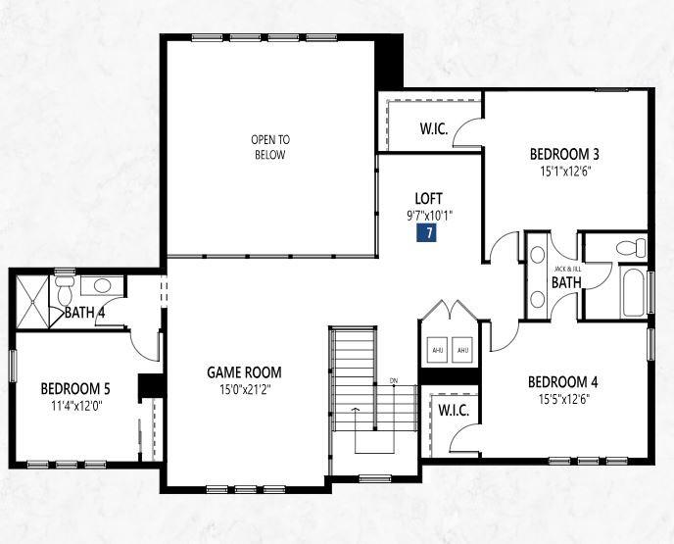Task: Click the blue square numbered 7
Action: tap(426, 232)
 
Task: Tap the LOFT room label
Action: tap(428, 198)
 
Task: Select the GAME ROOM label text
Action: tap(244, 372)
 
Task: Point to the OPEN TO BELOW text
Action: tap(270, 147)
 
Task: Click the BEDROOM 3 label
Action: tap(564, 154)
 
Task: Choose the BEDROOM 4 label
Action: tap(562, 382)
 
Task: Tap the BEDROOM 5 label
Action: tap(75, 389)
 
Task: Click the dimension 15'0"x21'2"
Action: tap(245, 389)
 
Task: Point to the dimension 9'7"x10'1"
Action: tap(430, 215)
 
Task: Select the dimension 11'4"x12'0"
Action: tap(77, 406)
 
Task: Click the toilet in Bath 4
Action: tap(65, 289)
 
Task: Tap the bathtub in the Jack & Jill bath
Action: tap(632, 292)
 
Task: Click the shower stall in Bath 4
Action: tap(32, 302)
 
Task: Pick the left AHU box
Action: tap(437, 350)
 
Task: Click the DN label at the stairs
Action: tap(393, 380)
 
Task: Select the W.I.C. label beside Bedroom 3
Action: tap(434, 128)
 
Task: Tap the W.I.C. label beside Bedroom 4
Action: tap(454, 411)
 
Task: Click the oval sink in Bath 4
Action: tap(102, 285)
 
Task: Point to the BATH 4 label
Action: tap(84, 313)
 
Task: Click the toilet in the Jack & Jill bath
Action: tap(631, 248)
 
